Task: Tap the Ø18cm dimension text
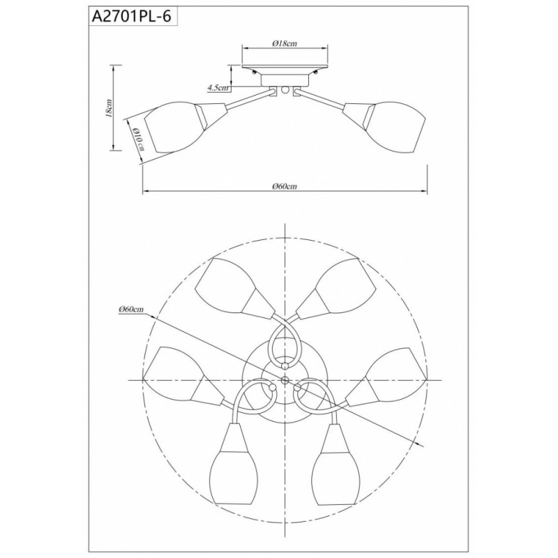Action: click(285, 44)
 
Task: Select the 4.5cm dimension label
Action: click(218, 88)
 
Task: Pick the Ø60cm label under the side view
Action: click(285, 186)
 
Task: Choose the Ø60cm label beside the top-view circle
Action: click(132, 309)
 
